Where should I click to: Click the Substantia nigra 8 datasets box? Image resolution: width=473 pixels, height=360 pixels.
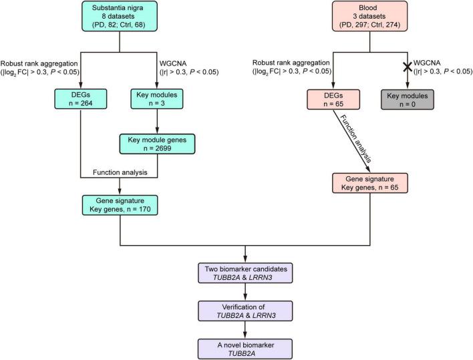click(x=120, y=18)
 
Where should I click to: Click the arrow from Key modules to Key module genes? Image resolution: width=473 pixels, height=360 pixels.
click(x=156, y=122)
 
